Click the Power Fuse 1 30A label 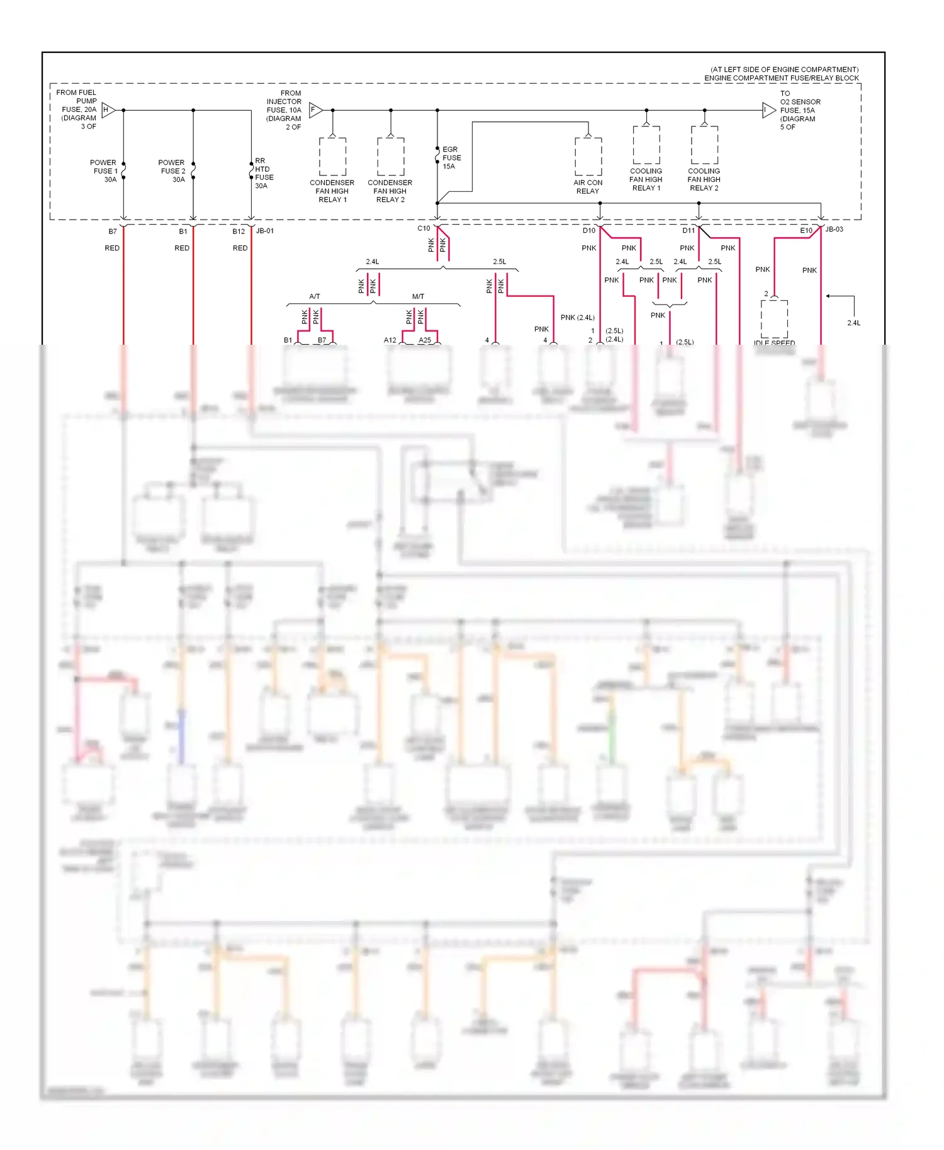point(104,171)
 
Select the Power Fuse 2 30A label point(172,171)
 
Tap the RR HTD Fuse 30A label point(264,174)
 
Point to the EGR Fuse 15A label point(451,158)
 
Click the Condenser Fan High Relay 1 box point(332,157)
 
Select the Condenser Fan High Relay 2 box point(390,157)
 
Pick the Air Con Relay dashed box point(588,157)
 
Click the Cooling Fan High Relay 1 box point(646,145)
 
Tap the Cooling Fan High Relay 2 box point(704,145)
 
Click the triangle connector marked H point(108,110)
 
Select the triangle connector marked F point(315,110)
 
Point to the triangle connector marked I point(768,111)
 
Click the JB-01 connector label point(265,231)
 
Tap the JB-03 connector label point(834,229)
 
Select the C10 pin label point(424,228)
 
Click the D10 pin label point(588,230)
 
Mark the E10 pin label point(806,230)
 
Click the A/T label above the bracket point(315,296)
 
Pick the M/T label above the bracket point(418,296)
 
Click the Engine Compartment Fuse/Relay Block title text point(781,78)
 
